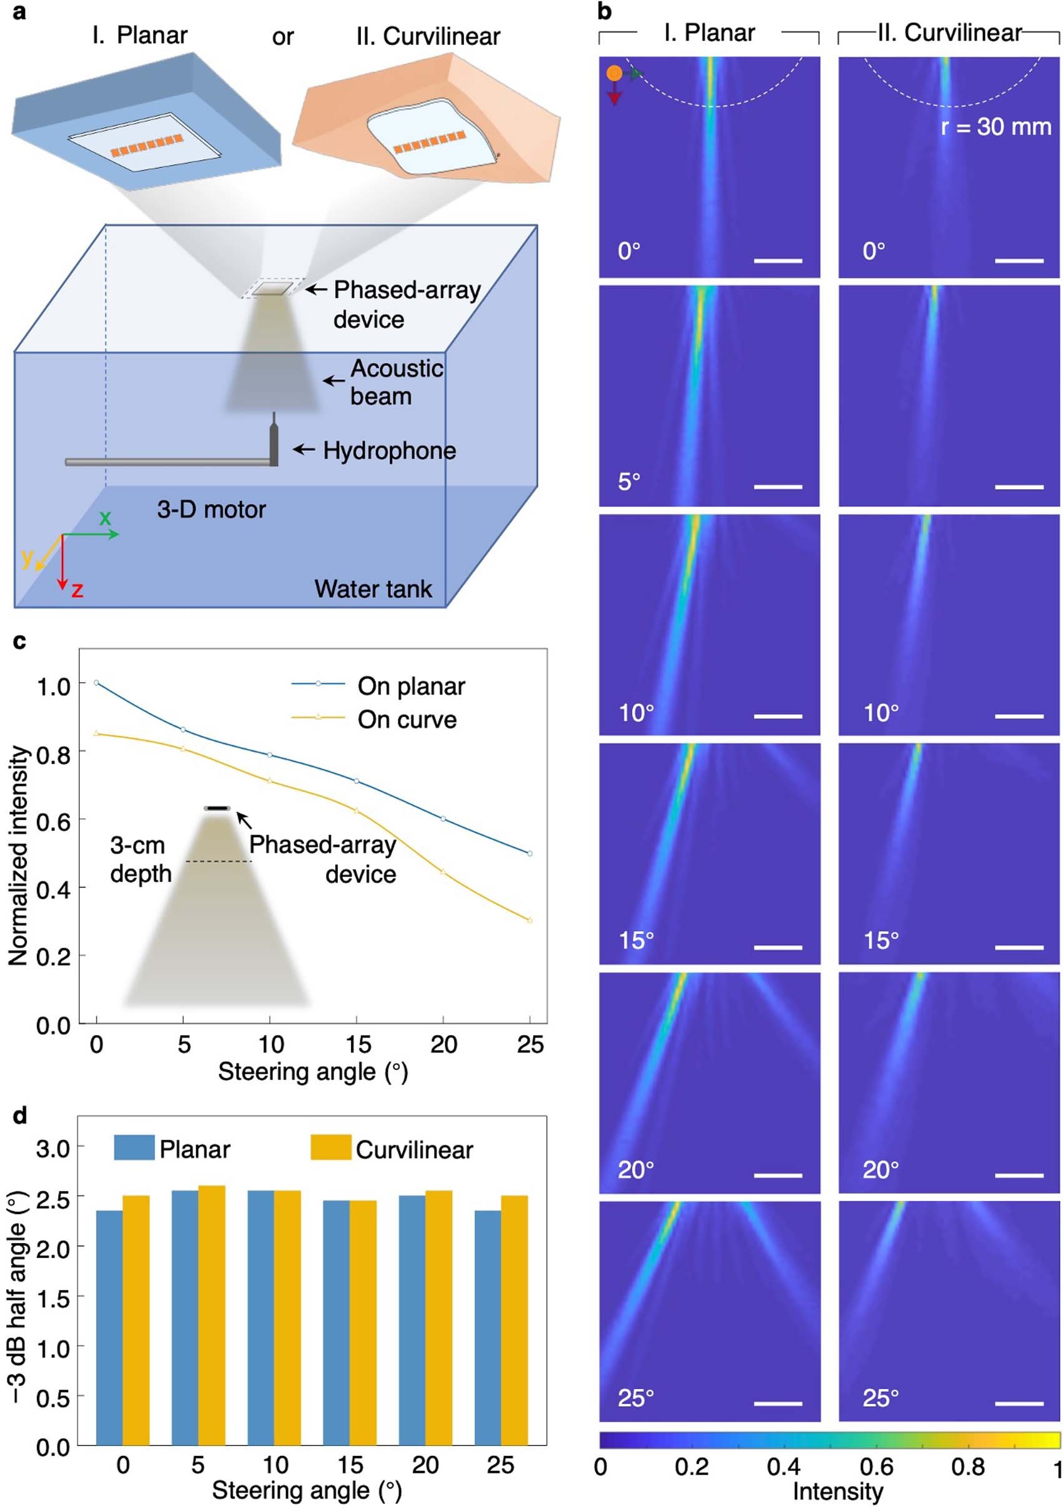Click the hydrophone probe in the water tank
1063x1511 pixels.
tap(273, 442)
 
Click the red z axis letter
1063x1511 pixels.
tap(77, 590)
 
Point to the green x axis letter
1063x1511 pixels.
tap(105, 517)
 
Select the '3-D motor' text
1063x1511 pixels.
tap(210, 509)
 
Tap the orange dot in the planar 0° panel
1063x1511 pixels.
tap(613, 73)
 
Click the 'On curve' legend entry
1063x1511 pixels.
tap(406, 720)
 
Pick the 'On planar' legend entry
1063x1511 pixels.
tap(411, 686)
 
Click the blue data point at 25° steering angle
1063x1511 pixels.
tap(530, 853)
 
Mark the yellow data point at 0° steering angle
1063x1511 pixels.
tap(97, 733)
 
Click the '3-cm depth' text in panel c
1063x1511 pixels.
tap(140, 860)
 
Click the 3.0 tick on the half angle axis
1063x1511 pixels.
tap(52, 1149)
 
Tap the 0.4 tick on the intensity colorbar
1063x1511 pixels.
tap(783, 1466)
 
